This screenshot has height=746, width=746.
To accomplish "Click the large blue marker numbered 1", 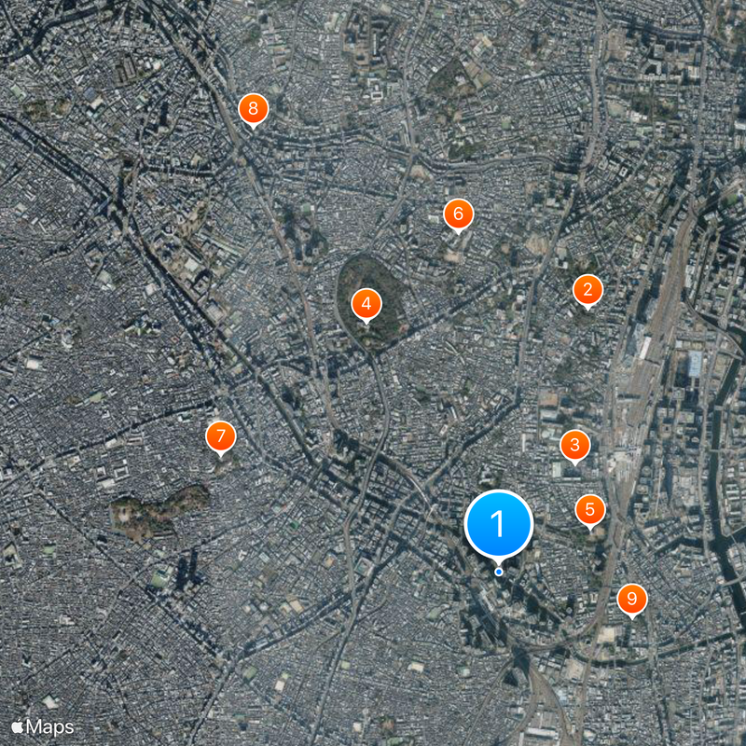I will point(498,523).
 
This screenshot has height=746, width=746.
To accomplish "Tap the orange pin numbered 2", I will point(587,290).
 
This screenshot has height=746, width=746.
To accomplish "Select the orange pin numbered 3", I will point(574,445).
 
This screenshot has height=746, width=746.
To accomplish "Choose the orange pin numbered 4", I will point(366,303).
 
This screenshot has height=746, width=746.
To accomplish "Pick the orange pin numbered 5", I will point(589,509).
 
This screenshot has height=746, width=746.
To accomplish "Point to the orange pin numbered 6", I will point(458,214).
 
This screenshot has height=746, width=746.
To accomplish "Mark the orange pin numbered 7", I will point(220,435).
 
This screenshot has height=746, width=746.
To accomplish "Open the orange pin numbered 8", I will point(253,108).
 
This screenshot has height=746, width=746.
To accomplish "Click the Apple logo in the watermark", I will point(18,725).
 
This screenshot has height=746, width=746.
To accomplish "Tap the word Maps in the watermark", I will point(49,725).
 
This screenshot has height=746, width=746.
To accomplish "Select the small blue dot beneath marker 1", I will point(499,572).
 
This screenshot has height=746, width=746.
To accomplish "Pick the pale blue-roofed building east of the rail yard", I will point(694,365).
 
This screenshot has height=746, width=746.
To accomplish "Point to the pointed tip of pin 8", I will point(253,127).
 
